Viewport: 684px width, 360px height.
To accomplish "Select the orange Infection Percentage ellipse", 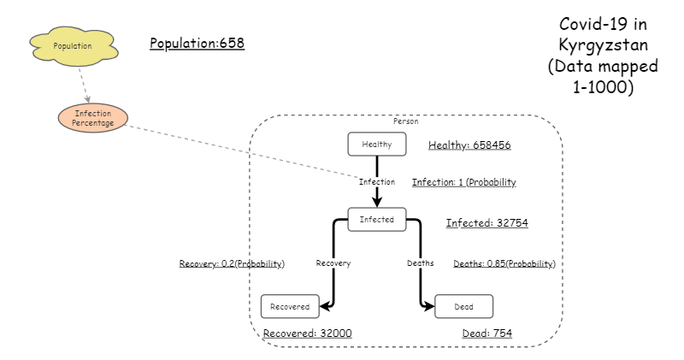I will pyautogui.click(x=93, y=118).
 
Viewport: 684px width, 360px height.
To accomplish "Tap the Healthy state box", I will pyautogui.click(x=376, y=145).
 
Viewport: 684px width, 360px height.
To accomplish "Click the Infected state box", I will pyautogui.click(x=376, y=220).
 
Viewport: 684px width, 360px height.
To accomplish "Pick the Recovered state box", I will pyautogui.click(x=290, y=305).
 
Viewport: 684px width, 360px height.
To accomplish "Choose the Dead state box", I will pyautogui.click(x=463, y=305).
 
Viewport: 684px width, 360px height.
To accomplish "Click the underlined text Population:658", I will pyautogui.click(x=197, y=44).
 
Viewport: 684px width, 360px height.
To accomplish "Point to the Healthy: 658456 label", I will pyautogui.click(x=469, y=145).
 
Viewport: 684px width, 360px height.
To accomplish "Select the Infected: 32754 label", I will pyautogui.click(x=486, y=223).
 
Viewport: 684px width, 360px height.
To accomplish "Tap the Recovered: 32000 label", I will pyautogui.click(x=307, y=333).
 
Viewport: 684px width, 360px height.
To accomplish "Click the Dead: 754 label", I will pyautogui.click(x=486, y=333).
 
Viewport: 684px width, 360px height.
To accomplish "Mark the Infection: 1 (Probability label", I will pyautogui.click(x=463, y=182).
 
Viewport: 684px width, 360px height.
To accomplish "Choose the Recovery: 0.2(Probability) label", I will pyautogui.click(x=231, y=263).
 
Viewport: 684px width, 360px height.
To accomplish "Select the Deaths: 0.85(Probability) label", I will pyautogui.click(x=504, y=263).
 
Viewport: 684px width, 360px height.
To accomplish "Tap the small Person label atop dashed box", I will pyautogui.click(x=405, y=122).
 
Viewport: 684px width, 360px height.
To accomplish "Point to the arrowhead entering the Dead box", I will pyautogui.click(x=428, y=305).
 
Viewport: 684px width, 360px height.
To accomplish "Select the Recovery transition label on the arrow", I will pyautogui.click(x=333, y=263).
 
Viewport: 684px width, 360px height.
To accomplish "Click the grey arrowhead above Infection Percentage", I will pyautogui.click(x=87, y=99).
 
